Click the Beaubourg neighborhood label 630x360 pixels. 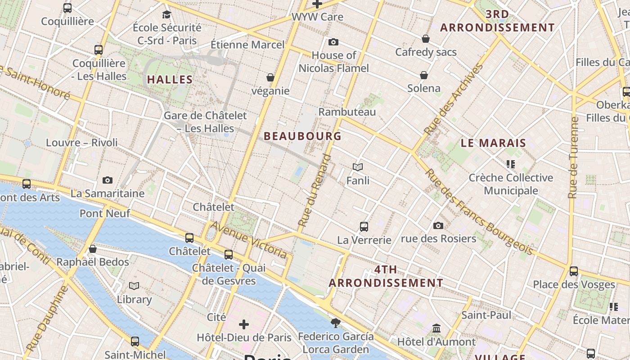(302, 136)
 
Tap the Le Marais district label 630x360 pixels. (493, 143)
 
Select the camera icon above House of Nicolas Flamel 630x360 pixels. (333, 42)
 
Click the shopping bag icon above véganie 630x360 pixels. (270, 78)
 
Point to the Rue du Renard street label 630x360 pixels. (315, 190)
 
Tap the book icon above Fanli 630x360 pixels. (358, 167)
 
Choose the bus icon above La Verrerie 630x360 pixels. (364, 227)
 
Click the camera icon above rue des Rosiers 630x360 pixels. (438, 225)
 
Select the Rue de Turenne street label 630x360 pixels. (573, 157)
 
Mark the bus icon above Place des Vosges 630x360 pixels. (574, 271)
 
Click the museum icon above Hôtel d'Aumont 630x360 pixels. (436, 328)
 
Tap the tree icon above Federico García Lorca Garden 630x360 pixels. (335, 323)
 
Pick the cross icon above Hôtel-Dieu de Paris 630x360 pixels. (244, 324)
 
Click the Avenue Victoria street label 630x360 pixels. (249, 240)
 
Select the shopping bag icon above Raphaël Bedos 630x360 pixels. (93, 249)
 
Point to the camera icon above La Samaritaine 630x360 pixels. (107, 180)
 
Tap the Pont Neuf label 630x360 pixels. (105, 213)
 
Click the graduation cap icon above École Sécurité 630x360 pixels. (166, 14)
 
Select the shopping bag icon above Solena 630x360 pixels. (424, 75)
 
